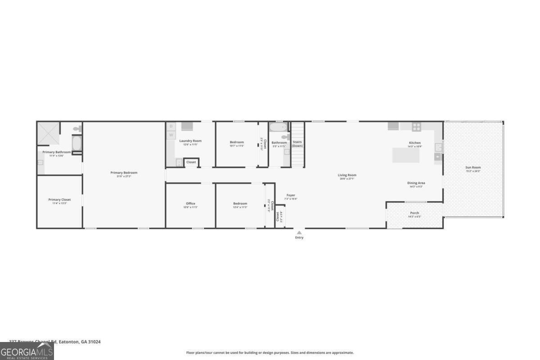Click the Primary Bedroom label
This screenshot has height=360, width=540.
coord(124,172)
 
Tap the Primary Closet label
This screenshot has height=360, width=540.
coord(59,199)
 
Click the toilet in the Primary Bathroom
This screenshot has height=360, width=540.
coord(77,129)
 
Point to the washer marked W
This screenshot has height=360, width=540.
coord(171,135)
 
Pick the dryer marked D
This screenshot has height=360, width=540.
coord(171,126)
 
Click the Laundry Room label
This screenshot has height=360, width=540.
coord(190,141)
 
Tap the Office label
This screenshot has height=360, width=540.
coord(190,203)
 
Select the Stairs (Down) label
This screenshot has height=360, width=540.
coord(297,144)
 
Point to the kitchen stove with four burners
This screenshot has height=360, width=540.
coord(416,126)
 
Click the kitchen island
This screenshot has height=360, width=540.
coord(405,155)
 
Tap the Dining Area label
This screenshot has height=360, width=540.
coord(416,183)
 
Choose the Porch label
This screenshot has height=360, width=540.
coord(414,213)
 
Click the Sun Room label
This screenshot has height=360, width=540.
coord(473,167)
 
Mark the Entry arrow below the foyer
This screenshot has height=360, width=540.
coord(299,233)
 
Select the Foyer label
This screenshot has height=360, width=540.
coord(291,195)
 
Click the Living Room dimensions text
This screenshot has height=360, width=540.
coord(347,179)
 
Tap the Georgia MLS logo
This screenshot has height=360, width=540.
coord(27,351)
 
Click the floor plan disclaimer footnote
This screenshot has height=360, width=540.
coord(270,353)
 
